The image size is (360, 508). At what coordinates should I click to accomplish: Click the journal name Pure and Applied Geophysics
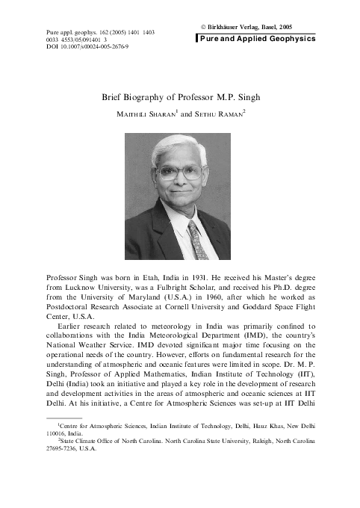click(x=258, y=38)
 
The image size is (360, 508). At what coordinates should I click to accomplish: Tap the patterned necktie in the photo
click(x=197, y=239)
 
